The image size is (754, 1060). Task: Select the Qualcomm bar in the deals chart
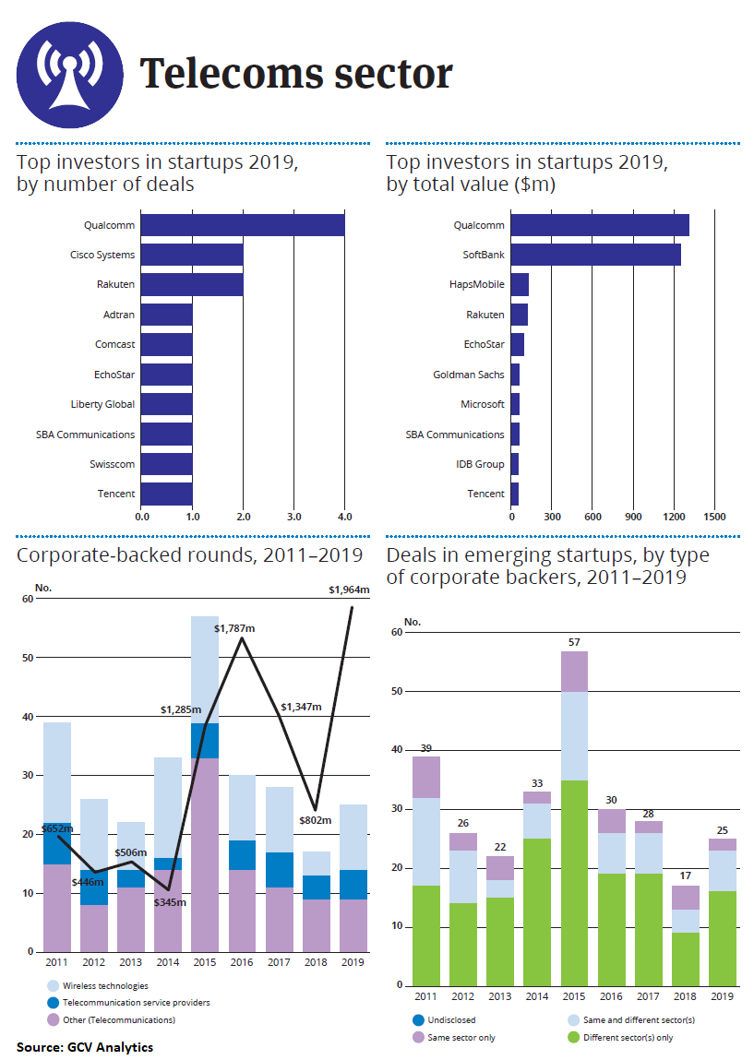coord(243,225)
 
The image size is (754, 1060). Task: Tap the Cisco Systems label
coord(102,255)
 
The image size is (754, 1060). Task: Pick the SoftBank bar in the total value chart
coord(595,255)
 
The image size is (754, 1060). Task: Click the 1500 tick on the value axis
coord(715,516)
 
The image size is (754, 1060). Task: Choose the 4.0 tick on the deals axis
coord(344,516)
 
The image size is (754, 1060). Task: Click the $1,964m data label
coord(349,590)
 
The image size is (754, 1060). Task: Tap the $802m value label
coord(316,818)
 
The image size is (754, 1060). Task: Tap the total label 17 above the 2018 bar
coord(684,875)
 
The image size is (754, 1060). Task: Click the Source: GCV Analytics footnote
coord(85,1046)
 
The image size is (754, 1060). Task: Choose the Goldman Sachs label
coord(469,375)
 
